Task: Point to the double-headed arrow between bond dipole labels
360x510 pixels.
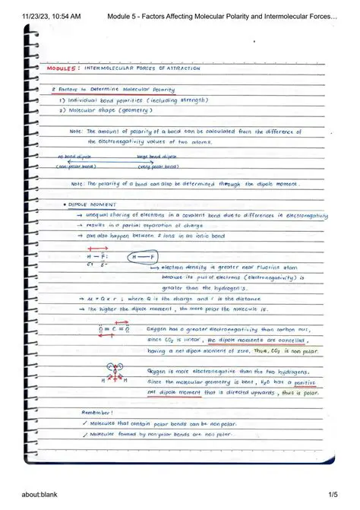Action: (x=114, y=161)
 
